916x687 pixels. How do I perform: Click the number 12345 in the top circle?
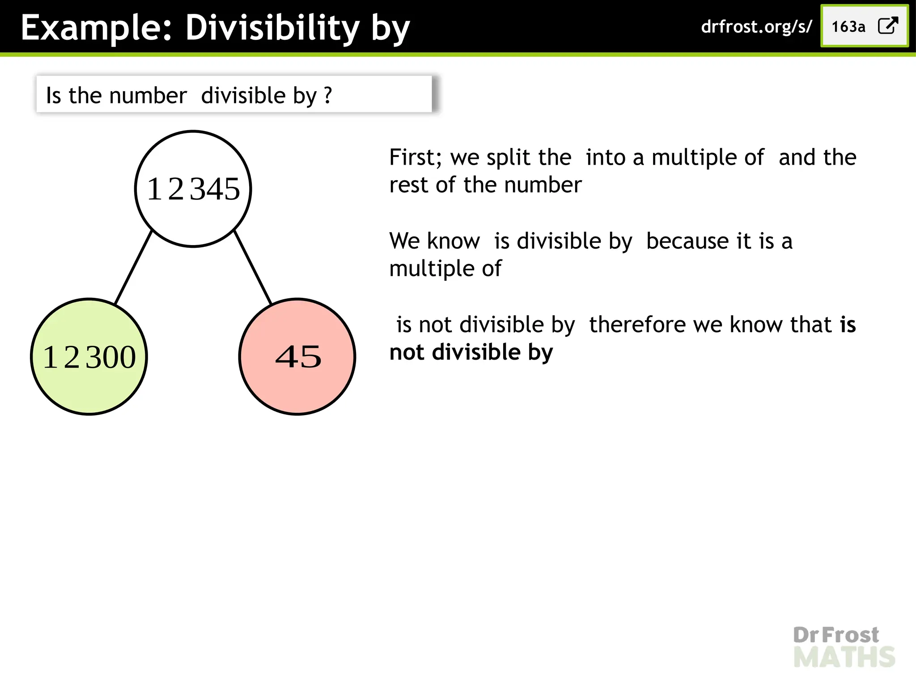[193, 189]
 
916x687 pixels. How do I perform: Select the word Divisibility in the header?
[272, 28]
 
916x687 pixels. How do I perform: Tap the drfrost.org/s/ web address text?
[756, 27]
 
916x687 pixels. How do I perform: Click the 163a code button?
[848, 27]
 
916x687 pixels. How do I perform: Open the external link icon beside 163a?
[888, 26]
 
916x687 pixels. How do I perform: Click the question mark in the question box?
[328, 95]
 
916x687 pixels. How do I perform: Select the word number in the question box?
[148, 96]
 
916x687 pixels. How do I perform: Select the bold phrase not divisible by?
[471, 352]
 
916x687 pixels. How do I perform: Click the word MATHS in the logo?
[844, 657]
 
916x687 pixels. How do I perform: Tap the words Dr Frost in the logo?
[835, 635]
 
